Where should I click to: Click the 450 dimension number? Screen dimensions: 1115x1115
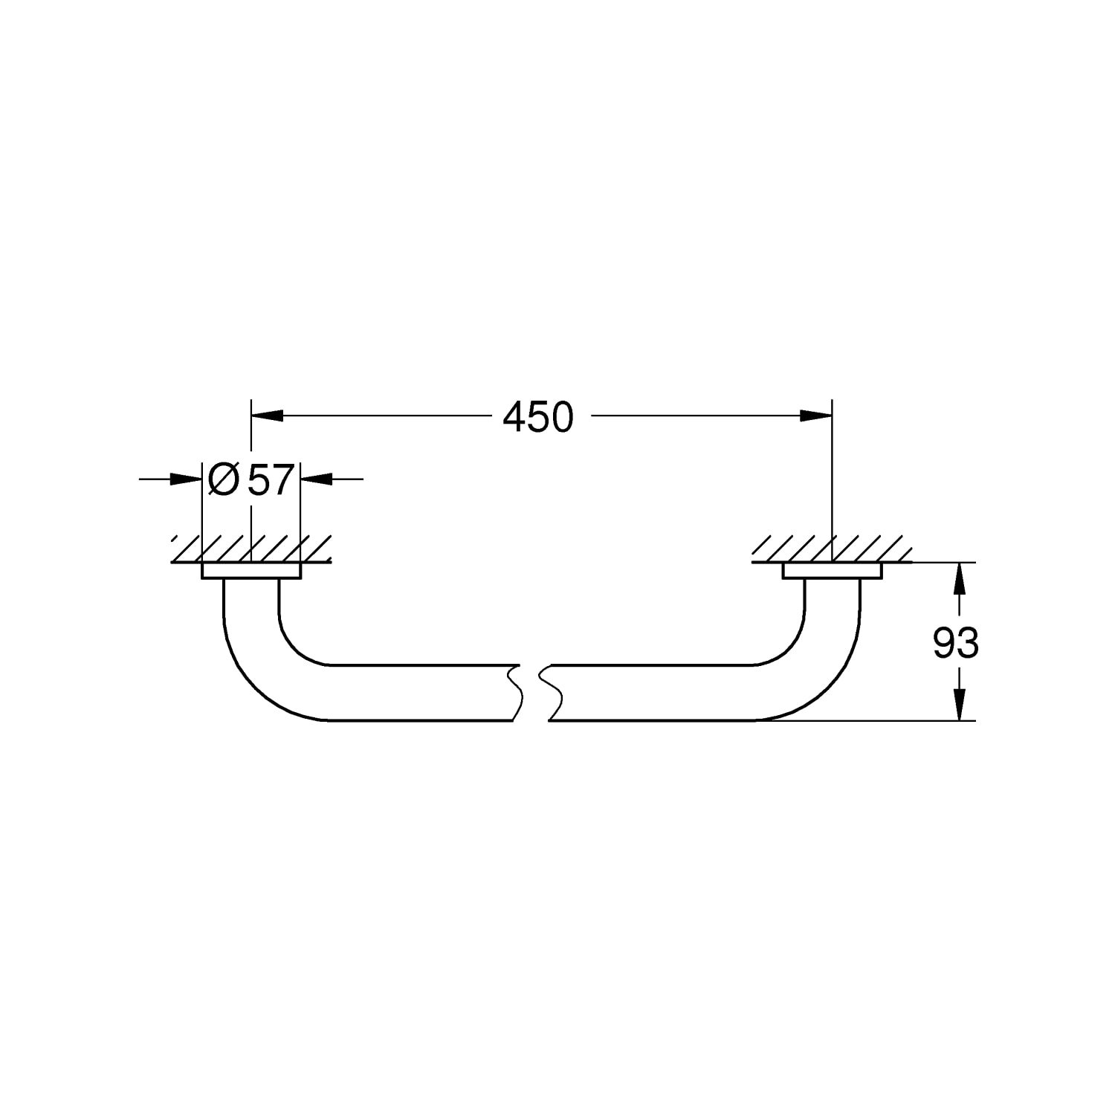[x=538, y=417]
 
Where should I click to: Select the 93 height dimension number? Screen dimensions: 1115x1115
[x=956, y=643]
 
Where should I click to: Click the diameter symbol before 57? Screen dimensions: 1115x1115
[x=224, y=479]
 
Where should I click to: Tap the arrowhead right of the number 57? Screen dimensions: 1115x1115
[x=316, y=479]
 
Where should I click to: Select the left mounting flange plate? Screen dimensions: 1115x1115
[x=251, y=570]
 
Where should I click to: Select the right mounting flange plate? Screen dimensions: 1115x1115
[x=833, y=570]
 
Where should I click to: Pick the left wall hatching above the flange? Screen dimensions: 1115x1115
[x=251, y=549]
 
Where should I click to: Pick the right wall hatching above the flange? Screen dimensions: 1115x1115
[x=833, y=549]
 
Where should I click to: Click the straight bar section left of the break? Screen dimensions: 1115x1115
[x=420, y=692]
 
